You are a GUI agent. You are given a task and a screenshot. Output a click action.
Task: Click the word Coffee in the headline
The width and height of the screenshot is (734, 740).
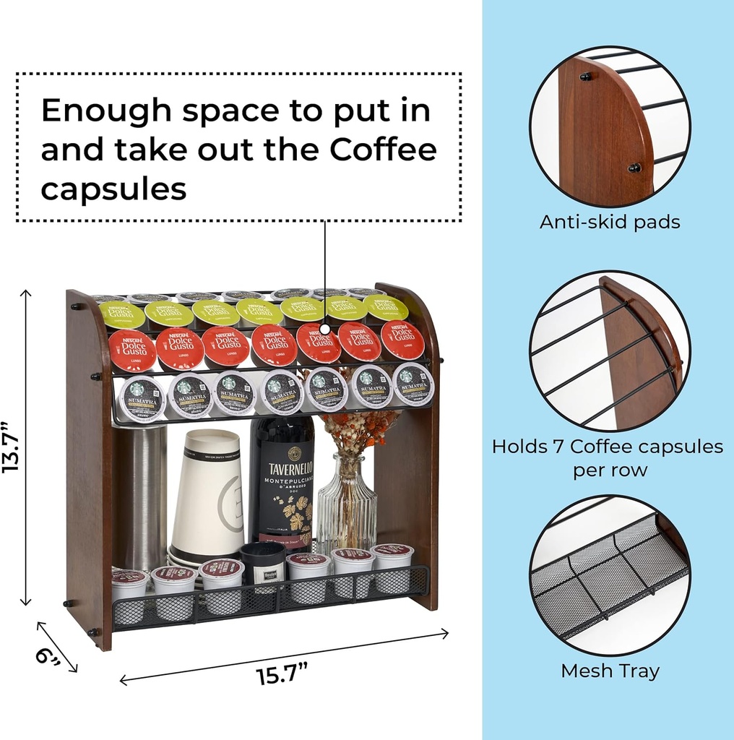tap(384, 150)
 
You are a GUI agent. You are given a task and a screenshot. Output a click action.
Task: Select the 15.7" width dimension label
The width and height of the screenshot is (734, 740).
tap(282, 675)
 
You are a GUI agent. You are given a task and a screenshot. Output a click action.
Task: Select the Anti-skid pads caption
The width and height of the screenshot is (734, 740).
tap(610, 222)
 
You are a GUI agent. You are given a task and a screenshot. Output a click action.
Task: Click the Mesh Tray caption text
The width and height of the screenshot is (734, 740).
tap(610, 671)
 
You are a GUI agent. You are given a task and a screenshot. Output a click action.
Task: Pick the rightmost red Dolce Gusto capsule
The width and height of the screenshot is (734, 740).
tap(402, 340)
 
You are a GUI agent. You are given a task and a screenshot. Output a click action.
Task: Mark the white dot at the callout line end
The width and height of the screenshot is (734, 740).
tap(324, 329)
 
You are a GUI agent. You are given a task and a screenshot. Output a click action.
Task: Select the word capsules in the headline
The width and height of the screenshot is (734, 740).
tap(113, 189)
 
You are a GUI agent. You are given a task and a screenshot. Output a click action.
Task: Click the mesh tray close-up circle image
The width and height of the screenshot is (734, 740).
tap(609, 575)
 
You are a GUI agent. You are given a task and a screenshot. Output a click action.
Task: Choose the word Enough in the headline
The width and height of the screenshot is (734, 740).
tap(107, 111)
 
